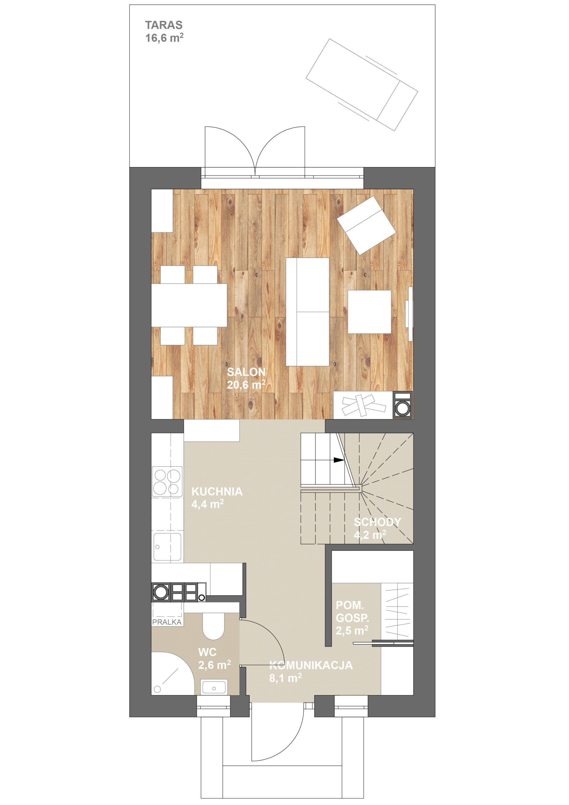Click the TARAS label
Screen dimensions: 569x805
[x=164, y=25]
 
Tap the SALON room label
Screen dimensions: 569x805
[x=246, y=372]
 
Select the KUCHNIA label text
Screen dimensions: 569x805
[x=217, y=491]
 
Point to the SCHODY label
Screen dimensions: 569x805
[x=377, y=522]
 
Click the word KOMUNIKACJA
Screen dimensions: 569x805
[x=311, y=665]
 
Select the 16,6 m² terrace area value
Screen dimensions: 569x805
[x=164, y=38]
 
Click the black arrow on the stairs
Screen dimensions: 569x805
[x=339, y=460]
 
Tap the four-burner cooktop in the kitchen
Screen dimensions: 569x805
[x=167, y=482]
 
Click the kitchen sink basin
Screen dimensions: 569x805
[x=168, y=547]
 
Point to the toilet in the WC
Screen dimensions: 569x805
[x=213, y=625]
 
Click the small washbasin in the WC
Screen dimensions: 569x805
[x=214, y=686]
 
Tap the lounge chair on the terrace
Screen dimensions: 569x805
[x=362, y=85]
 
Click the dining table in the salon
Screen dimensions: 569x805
[x=189, y=305]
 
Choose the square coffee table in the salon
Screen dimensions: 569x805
[x=369, y=312]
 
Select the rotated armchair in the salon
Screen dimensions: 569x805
[x=366, y=225]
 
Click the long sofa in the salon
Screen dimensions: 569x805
[x=307, y=312]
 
